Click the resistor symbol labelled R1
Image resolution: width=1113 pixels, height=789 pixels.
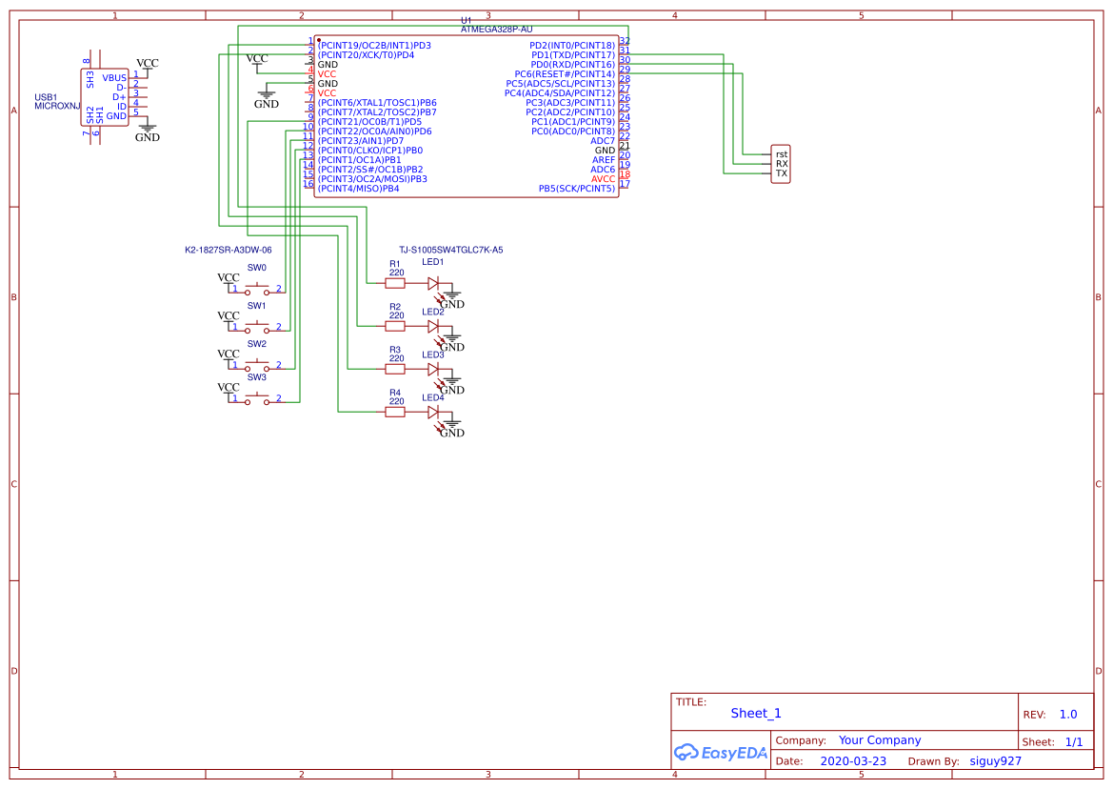pyautogui.click(x=394, y=283)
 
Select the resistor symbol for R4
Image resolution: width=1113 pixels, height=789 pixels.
pyautogui.click(x=394, y=412)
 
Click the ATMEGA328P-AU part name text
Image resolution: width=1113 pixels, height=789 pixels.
pyautogui.click(x=496, y=30)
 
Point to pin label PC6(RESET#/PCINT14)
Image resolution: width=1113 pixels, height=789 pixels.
pyautogui.click(x=565, y=74)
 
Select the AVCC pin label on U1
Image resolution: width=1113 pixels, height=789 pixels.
pyautogui.click(x=603, y=179)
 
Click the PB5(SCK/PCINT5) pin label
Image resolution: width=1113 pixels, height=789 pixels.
pyautogui.click(x=577, y=189)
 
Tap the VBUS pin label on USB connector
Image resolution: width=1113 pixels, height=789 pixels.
pyautogui.click(x=114, y=78)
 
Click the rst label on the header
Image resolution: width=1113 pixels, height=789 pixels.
pyautogui.click(x=782, y=154)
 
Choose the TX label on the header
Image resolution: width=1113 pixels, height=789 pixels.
pyautogui.click(x=782, y=173)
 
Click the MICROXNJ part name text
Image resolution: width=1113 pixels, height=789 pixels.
pyautogui.click(x=58, y=107)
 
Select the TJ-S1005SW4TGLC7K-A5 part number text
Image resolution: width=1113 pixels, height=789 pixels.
pyautogui.click(x=451, y=250)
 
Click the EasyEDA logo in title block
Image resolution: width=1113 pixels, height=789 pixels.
pyautogui.click(x=720, y=753)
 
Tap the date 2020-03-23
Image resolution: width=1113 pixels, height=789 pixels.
pyautogui.click(x=853, y=761)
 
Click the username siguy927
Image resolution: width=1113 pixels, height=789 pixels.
pyautogui.click(x=995, y=761)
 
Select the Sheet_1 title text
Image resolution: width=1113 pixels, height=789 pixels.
pyautogui.click(x=756, y=714)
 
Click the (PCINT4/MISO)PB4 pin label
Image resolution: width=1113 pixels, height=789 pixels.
pyautogui.click(x=358, y=189)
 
